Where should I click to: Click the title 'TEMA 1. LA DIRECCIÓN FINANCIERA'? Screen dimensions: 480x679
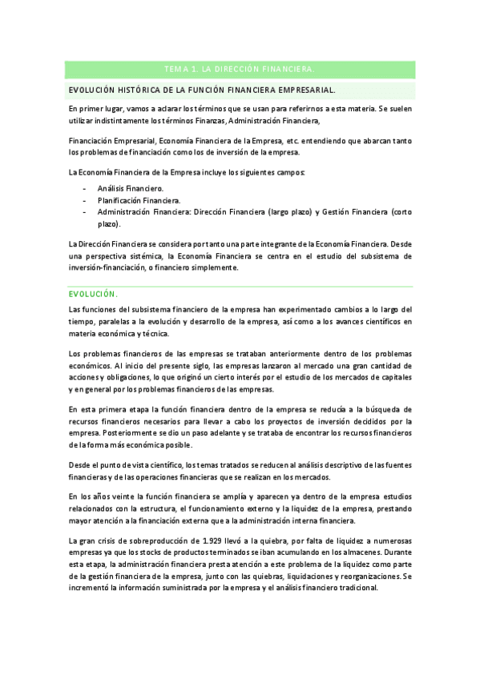240,70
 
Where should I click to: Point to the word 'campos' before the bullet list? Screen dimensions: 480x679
288,172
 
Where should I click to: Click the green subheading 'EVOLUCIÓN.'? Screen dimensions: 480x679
93,293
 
